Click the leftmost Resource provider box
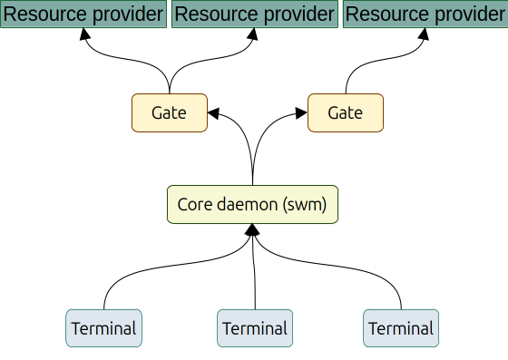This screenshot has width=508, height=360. [83, 15]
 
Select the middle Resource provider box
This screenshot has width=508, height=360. [253, 15]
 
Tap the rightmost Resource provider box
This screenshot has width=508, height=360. [425, 15]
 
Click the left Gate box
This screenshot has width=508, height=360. [170, 112]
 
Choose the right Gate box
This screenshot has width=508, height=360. [345, 112]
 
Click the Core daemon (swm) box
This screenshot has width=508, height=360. [252, 205]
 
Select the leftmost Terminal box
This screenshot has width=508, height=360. [104, 328]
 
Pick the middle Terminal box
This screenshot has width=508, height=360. [255, 328]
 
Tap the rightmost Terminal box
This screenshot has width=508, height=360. [401, 328]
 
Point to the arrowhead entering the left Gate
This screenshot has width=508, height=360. [214, 112]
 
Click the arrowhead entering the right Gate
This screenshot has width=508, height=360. [301, 112]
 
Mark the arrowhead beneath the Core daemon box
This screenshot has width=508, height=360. [252, 231]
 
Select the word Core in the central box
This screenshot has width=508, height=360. [194, 205]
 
